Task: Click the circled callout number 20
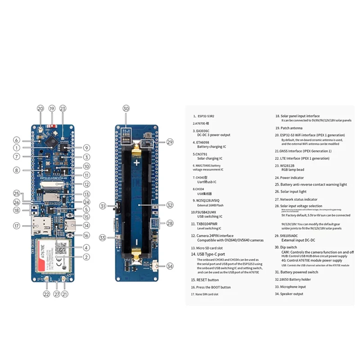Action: [x=40, y=109]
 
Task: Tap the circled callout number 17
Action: [x=17, y=226]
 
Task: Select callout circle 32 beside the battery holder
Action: [x=170, y=205]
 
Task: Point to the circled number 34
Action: [x=169, y=266]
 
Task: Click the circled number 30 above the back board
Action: [x=126, y=108]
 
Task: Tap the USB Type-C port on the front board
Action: [x=71, y=225]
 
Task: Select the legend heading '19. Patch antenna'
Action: [x=297, y=128]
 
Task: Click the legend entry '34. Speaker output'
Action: [x=298, y=294]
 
